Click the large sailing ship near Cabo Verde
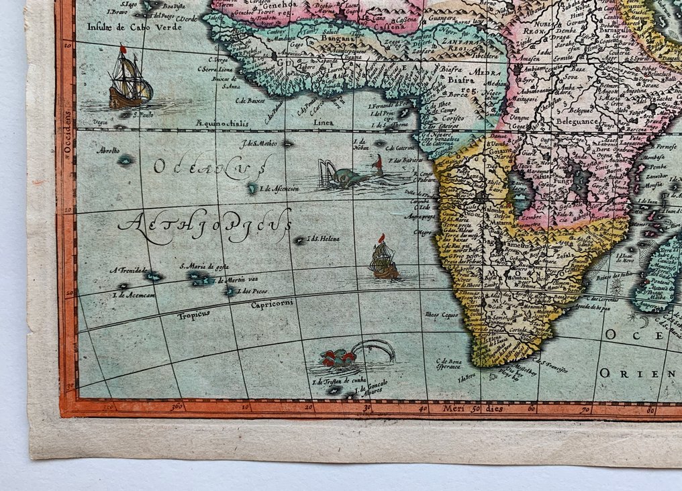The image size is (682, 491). pos(130,79)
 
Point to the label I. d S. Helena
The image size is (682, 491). pos(324,239)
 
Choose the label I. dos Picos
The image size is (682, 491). pos(254,291)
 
